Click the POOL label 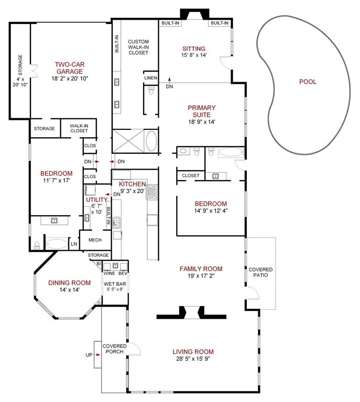point(308,82)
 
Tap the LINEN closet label point(150,77)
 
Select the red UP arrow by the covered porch point(97,354)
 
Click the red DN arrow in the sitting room point(169,79)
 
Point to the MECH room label point(95,240)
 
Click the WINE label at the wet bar point(110,273)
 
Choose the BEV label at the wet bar point(123,273)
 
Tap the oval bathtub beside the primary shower point(151,141)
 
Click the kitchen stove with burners point(152,192)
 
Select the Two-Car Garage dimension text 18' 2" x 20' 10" point(70,79)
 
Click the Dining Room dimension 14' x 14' point(70,289)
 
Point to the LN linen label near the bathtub point(74,244)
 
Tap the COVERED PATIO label point(260,272)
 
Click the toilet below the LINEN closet point(151,90)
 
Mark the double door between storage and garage point(34,71)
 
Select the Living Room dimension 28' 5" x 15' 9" point(193,359)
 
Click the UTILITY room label point(97,199)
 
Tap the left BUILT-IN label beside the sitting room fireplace point(170,23)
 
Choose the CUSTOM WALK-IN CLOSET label point(138,47)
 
